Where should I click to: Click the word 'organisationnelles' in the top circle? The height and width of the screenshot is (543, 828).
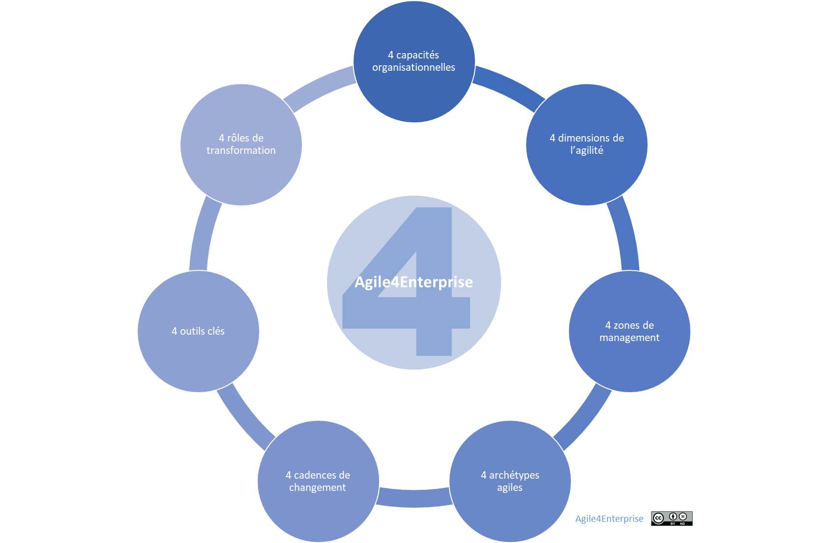coord(414,67)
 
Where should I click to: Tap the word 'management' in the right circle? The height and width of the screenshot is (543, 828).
coord(629,338)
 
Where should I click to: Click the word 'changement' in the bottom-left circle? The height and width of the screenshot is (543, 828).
coord(317,487)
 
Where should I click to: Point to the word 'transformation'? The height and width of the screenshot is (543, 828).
coord(241,150)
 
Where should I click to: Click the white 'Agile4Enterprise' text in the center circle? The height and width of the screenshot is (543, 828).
coord(414,282)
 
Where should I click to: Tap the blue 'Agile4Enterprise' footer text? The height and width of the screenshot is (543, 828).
coord(609,518)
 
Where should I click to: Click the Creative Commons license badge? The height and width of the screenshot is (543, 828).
coord(672,518)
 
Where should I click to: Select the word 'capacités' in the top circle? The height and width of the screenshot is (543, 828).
coord(417,55)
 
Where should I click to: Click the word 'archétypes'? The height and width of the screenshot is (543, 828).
coord(514,475)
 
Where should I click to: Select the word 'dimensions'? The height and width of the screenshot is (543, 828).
coord(585,138)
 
